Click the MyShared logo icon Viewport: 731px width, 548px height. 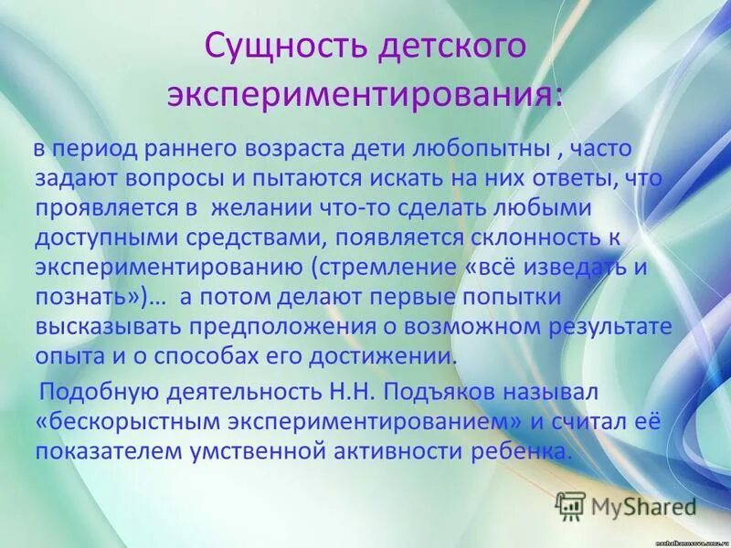click(570, 503)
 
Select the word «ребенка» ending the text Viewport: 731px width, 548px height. click(512, 452)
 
